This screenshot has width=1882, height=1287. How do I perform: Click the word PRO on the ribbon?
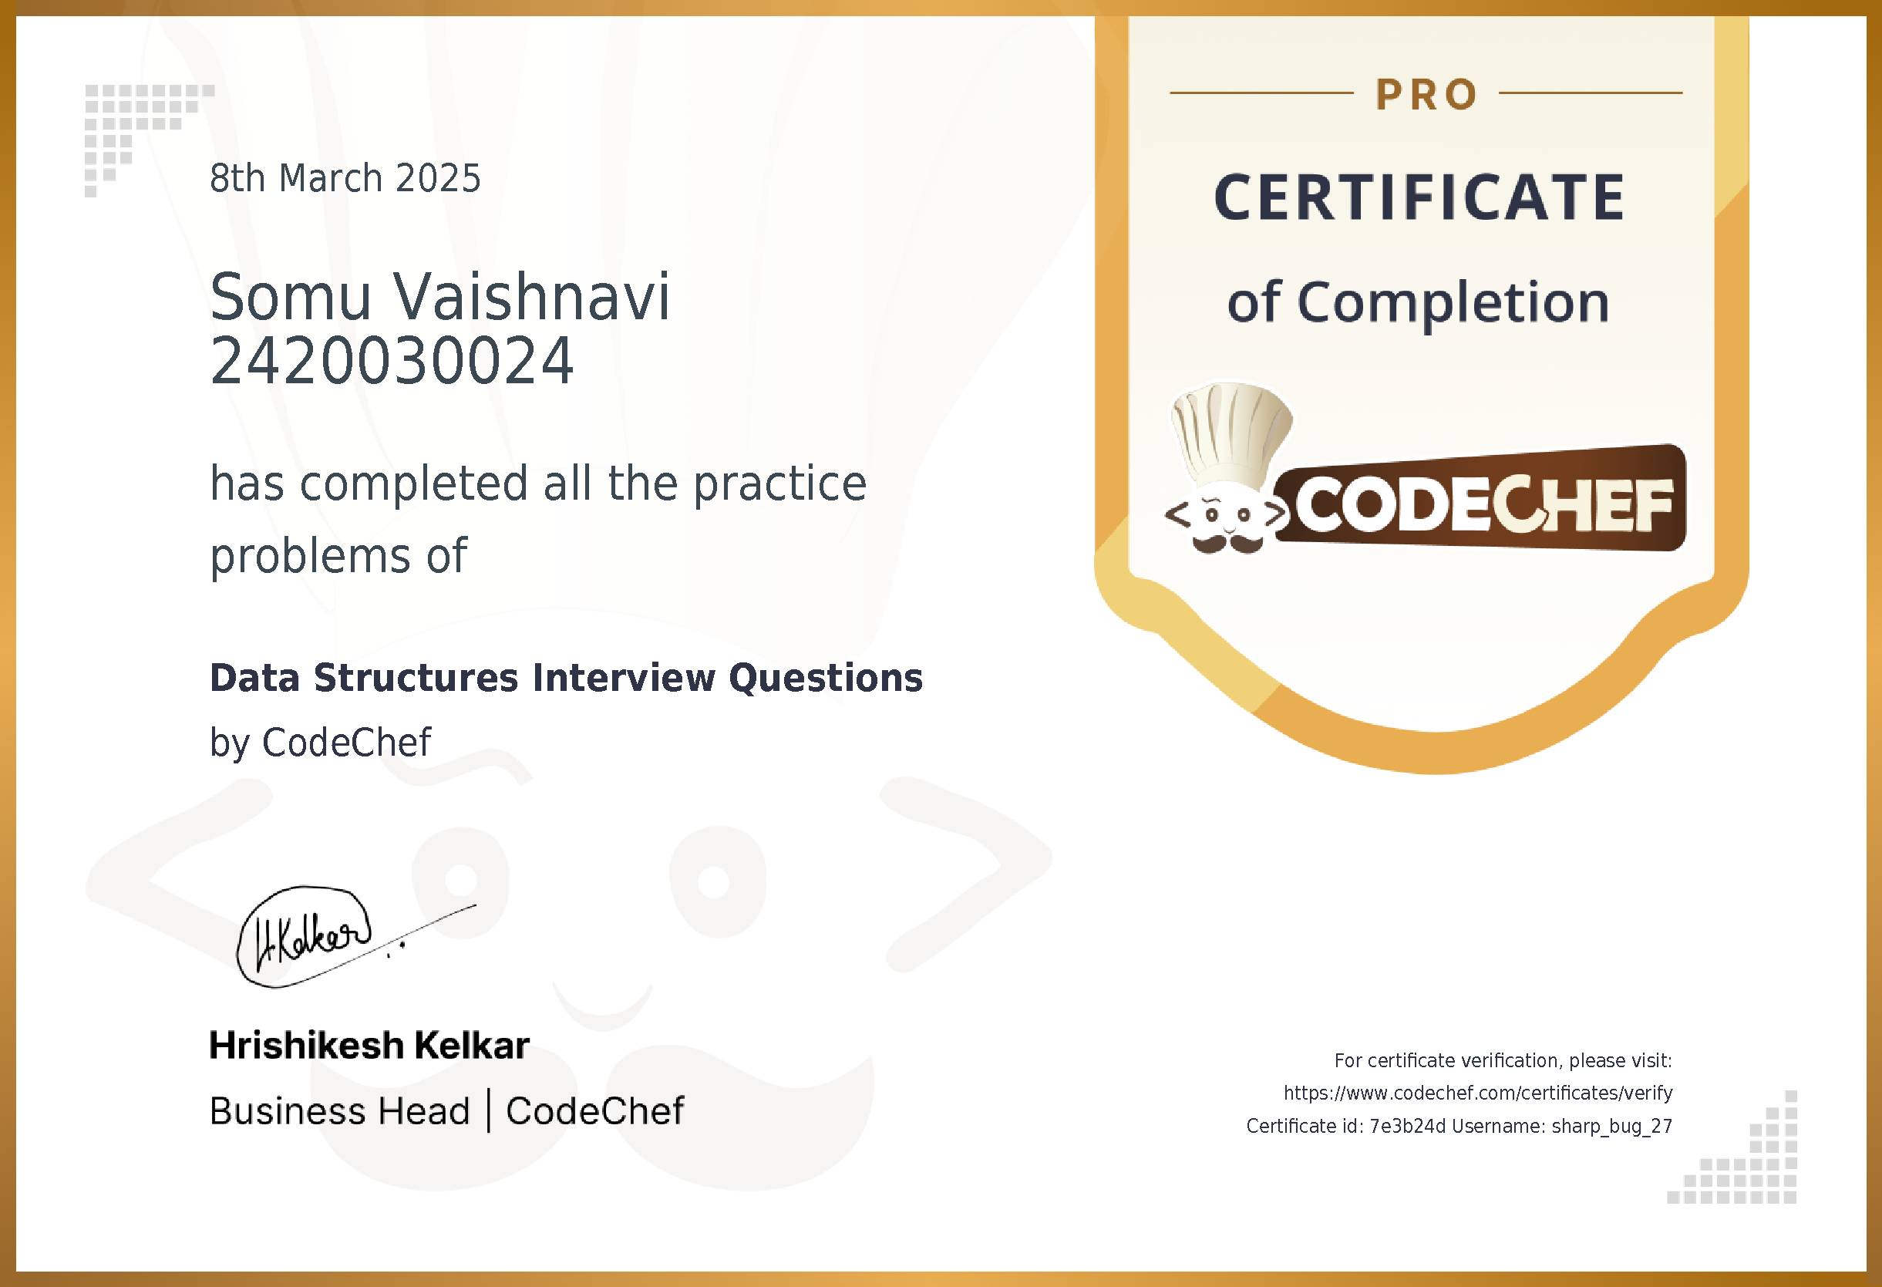[x=1426, y=95]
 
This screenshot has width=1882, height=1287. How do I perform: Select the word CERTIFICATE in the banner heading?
[x=1419, y=197]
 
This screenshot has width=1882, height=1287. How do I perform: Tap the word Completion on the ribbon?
[x=1453, y=302]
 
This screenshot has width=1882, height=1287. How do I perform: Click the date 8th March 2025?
[x=345, y=178]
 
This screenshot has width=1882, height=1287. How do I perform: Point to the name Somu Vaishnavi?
[x=439, y=296]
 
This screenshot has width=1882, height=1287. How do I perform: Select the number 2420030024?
[x=392, y=361]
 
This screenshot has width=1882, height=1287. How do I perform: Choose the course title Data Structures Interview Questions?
[x=566, y=678]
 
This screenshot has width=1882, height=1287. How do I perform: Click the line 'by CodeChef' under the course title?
[x=320, y=742]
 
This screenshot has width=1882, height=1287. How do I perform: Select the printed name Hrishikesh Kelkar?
[x=369, y=1046]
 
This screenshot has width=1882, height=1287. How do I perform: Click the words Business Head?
[x=339, y=1111]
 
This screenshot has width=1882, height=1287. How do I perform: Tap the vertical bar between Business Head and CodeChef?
[x=488, y=1110]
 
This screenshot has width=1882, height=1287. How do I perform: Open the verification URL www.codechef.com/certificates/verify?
[x=1478, y=1093]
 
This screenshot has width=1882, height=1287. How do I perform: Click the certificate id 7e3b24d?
[x=1406, y=1126]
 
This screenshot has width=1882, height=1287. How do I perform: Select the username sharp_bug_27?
[x=1611, y=1126]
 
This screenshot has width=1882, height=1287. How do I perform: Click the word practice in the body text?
[x=779, y=484]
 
